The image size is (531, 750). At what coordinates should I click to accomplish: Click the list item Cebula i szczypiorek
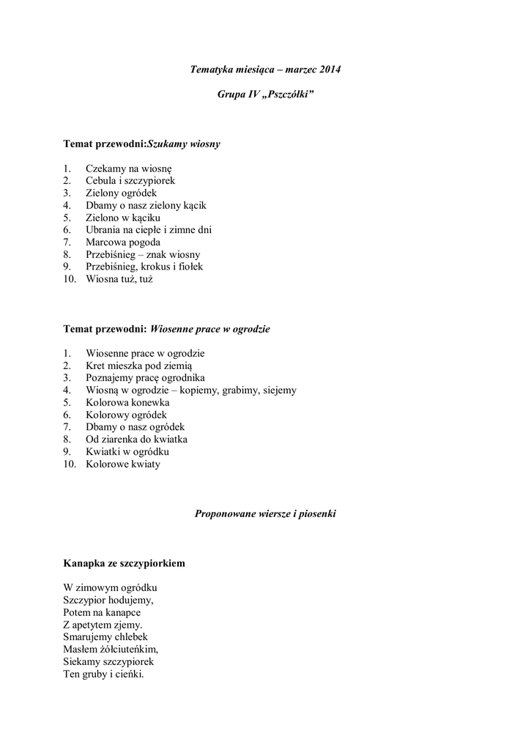(130, 180)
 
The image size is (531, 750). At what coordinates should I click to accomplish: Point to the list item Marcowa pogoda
(123, 242)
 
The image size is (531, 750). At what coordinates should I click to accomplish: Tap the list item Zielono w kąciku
(122, 218)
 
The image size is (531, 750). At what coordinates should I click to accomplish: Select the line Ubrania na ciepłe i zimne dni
(149, 230)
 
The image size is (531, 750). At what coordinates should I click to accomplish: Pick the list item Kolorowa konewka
(127, 403)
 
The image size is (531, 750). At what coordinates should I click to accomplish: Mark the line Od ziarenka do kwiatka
(136, 439)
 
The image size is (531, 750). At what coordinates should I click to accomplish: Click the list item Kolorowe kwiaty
(122, 464)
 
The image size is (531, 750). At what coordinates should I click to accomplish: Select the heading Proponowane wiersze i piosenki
(265, 514)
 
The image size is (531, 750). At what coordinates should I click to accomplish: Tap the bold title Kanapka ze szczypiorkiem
(125, 563)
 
